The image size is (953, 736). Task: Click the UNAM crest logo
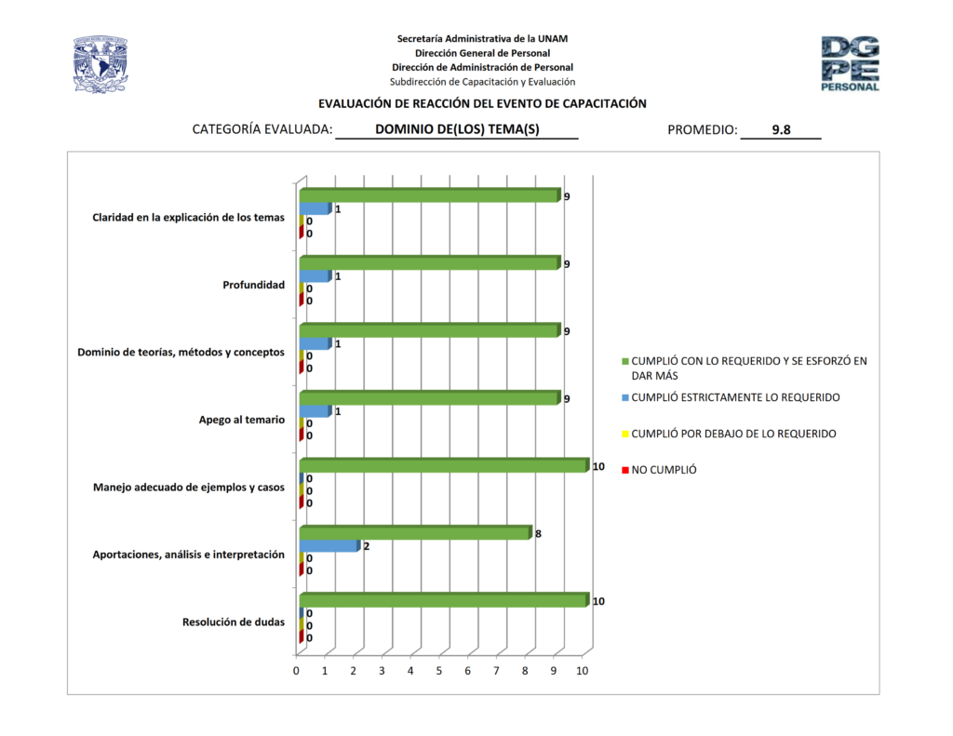click(x=101, y=64)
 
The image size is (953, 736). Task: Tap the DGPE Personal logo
click(x=850, y=63)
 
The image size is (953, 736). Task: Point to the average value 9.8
click(x=781, y=130)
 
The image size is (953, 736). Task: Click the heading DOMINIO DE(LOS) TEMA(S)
click(x=457, y=130)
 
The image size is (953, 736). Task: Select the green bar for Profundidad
click(x=428, y=263)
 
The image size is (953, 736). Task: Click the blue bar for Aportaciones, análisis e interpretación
click(x=328, y=546)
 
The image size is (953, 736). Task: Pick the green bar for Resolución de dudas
click(x=443, y=600)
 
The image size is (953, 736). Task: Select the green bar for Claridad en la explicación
click(x=428, y=195)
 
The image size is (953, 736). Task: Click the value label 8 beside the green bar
click(x=538, y=534)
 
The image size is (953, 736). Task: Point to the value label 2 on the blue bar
click(x=367, y=546)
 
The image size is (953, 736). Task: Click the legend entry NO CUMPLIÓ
click(x=664, y=470)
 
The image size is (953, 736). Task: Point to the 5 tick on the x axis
click(x=439, y=671)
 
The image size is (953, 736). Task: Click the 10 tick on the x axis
click(x=583, y=671)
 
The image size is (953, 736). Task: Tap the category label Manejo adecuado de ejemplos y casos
click(x=189, y=487)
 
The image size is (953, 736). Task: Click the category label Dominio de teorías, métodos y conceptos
click(x=181, y=352)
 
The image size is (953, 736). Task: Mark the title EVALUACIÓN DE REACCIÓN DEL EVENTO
click(x=482, y=104)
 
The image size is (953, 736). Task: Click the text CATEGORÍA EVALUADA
click(x=262, y=130)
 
